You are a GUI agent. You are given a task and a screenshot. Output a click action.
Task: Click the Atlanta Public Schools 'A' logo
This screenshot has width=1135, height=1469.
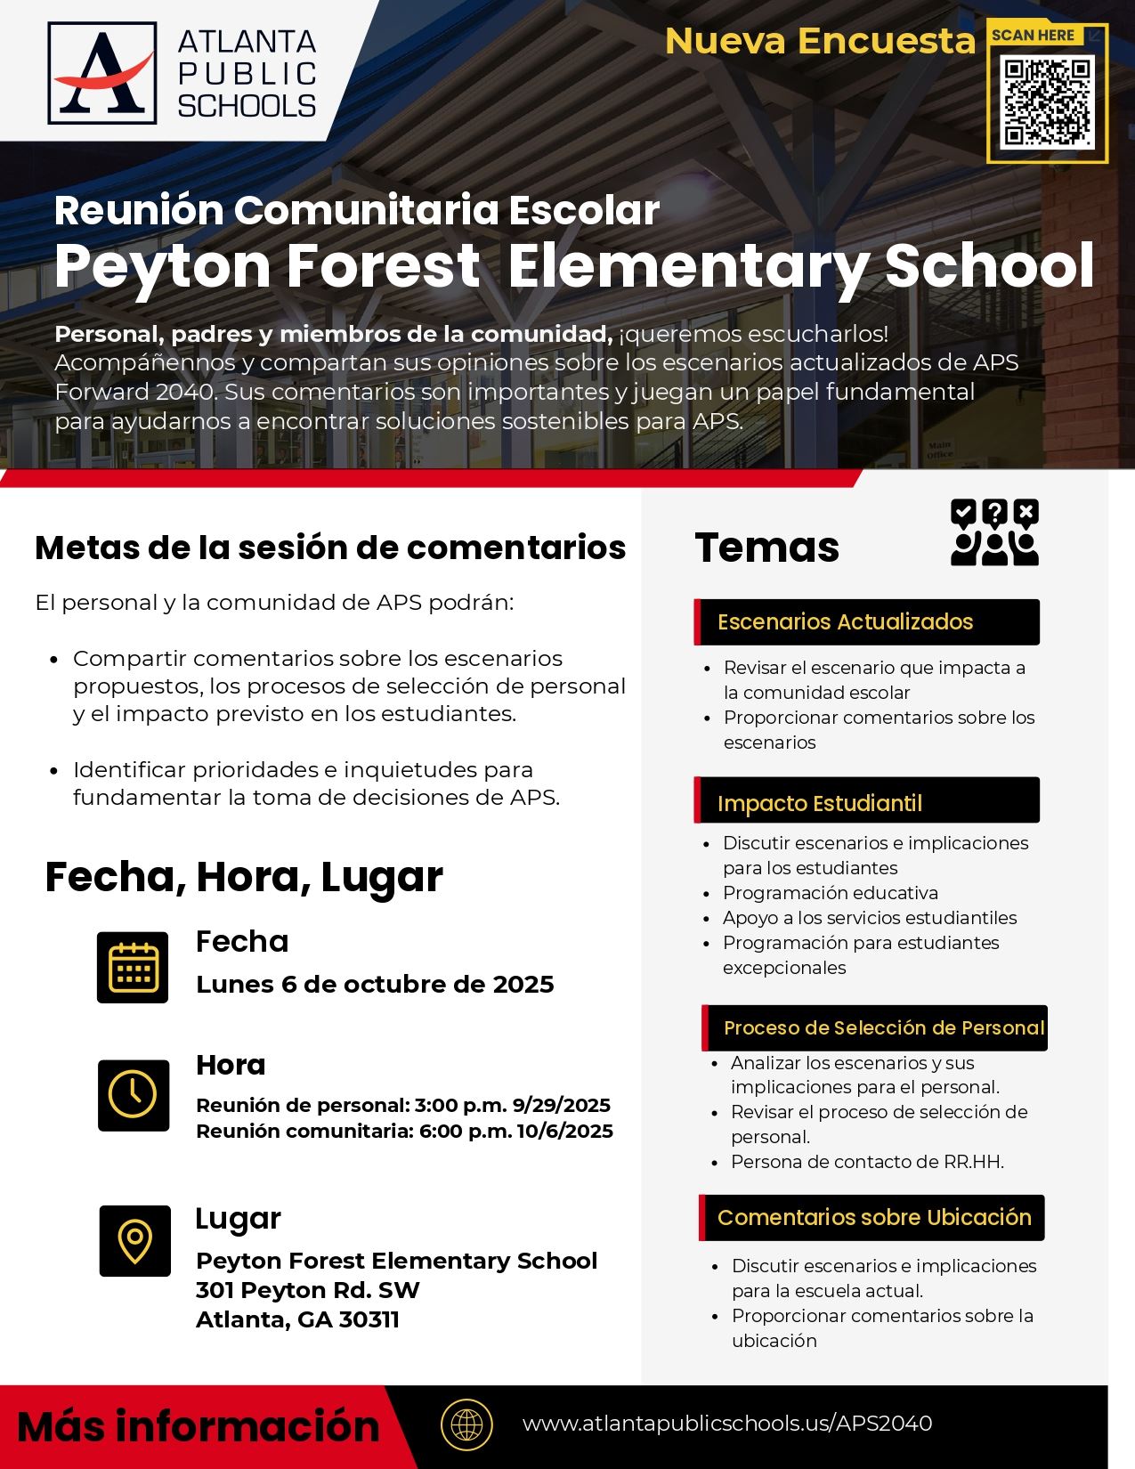coord(102,73)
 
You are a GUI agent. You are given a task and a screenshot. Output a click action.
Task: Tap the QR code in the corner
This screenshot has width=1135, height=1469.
coord(1047,101)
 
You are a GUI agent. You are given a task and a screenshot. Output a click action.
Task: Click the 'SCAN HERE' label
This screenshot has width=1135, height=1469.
coord(1033,36)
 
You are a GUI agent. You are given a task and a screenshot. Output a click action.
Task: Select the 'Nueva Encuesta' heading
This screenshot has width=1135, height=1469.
coord(820,41)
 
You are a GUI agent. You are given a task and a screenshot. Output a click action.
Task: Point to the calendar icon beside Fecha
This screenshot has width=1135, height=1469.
coord(133,968)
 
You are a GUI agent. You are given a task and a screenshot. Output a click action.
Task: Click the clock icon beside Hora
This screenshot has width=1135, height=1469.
coord(134,1095)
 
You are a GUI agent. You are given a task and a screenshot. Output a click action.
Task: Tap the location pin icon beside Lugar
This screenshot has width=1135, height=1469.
coord(134,1240)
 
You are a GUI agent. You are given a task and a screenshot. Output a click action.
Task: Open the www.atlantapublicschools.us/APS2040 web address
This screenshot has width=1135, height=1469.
coord(726,1424)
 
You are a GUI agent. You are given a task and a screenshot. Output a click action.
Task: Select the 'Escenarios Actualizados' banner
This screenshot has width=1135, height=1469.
coord(866,621)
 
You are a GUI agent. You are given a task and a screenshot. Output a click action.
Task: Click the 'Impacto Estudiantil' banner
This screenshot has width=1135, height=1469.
coord(866,802)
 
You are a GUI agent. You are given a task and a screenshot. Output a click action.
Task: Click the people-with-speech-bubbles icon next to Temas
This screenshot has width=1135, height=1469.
coord(994,532)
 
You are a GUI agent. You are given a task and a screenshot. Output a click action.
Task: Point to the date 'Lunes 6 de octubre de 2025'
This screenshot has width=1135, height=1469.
coord(375,984)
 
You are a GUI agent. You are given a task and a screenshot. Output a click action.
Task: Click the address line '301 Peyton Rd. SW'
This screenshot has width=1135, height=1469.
coord(307,1290)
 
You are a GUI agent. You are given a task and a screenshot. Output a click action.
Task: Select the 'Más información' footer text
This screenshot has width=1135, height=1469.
coord(198,1426)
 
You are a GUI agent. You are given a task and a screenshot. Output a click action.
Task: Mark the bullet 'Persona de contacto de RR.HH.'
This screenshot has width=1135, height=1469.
coord(866,1161)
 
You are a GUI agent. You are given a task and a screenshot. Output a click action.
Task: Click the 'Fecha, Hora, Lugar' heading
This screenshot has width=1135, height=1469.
coord(243,877)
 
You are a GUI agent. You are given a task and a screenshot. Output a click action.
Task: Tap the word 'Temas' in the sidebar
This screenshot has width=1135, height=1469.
coord(766,547)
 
